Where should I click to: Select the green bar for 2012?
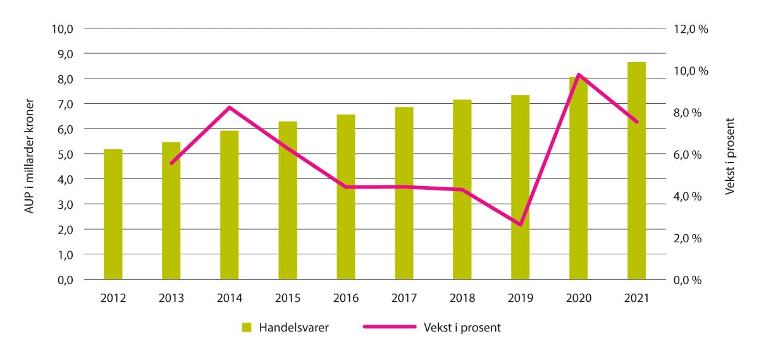pyautogui.click(x=113, y=214)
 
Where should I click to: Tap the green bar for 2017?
pyautogui.click(x=404, y=194)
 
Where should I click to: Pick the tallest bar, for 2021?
pyautogui.click(x=636, y=171)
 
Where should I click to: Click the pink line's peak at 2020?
pyautogui.click(x=579, y=75)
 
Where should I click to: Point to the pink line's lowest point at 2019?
pyautogui.click(x=521, y=225)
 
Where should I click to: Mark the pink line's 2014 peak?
pyautogui.click(x=230, y=107)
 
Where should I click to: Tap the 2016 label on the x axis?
pyautogui.click(x=346, y=298)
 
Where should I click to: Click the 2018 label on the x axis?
pyautogui.click(x=462, y=298)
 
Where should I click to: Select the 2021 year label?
pyautogui.click(x=636, y=298)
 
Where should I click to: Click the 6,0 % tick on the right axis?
pyautogui.click(x=694, y=154)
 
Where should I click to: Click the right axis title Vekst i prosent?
pyautogui.click(x=731, y=155)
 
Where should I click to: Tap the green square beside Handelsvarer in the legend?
pyautogui.click(x=247, y=327)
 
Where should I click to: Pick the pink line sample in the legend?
pyautogui.click(x=389, y=327)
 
